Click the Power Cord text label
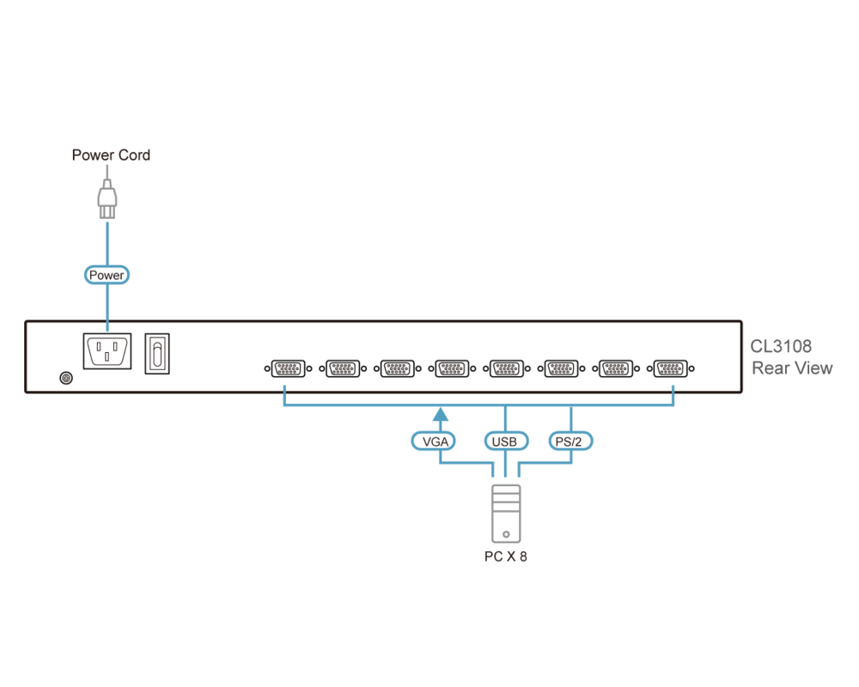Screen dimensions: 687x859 pyautogui.click(x=111, y=155)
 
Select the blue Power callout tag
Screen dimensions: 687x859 pyautogui.click(x=107, y=275)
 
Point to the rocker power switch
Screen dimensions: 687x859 pyautogui.click(x=157, y=353)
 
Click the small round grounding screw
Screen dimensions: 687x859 pyautogui.click(x=65, y=378)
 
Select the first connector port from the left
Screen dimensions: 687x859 pyautogui.click(x=288, y=369)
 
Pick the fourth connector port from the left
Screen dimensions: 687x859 pyautogui.click(x=452, y=369)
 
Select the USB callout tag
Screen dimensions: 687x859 pyautogui.click(x=505, y=441)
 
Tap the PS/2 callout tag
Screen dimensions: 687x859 pyautogui.click(x=571, y=441)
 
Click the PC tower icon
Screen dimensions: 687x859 pyautogui.click(x=505, y=513)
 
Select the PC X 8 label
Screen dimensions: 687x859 pyautogui.click(x=505, y=556)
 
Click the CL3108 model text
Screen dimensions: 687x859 pyautogui.click(x=781, y=347)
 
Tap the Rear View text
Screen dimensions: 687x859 pyautogui.click(x=792, y=368)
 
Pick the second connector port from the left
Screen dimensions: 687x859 pyautogui.click(x=343, y=369)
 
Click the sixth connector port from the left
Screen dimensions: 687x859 pyautogui.click(x=562, y=369)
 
